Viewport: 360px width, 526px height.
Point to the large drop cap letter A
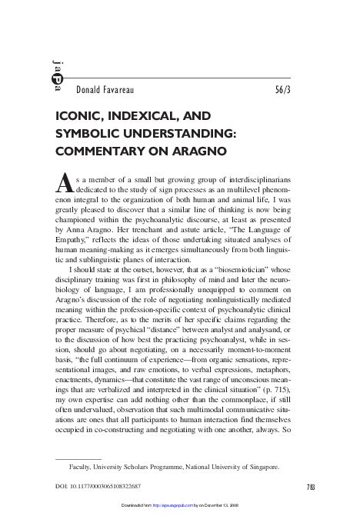point(65,180)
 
